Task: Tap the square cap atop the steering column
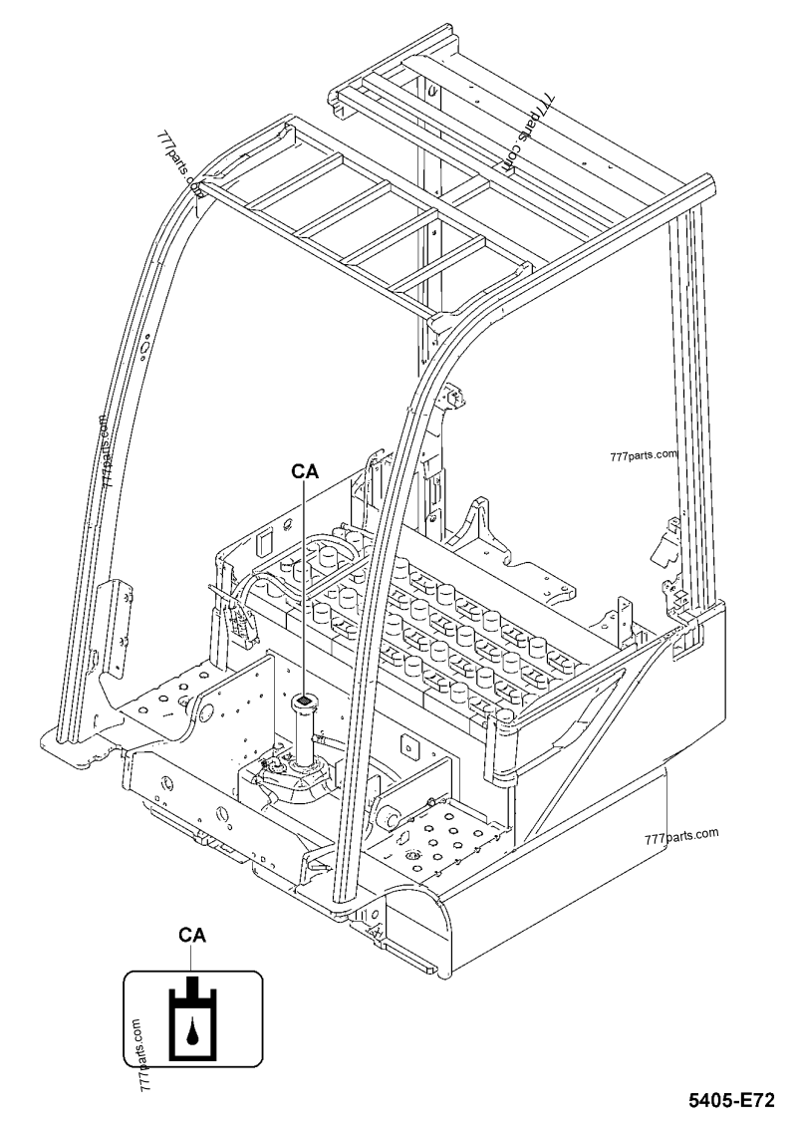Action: [x=304, y=705]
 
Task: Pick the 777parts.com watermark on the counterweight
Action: [x=681, y=835]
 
